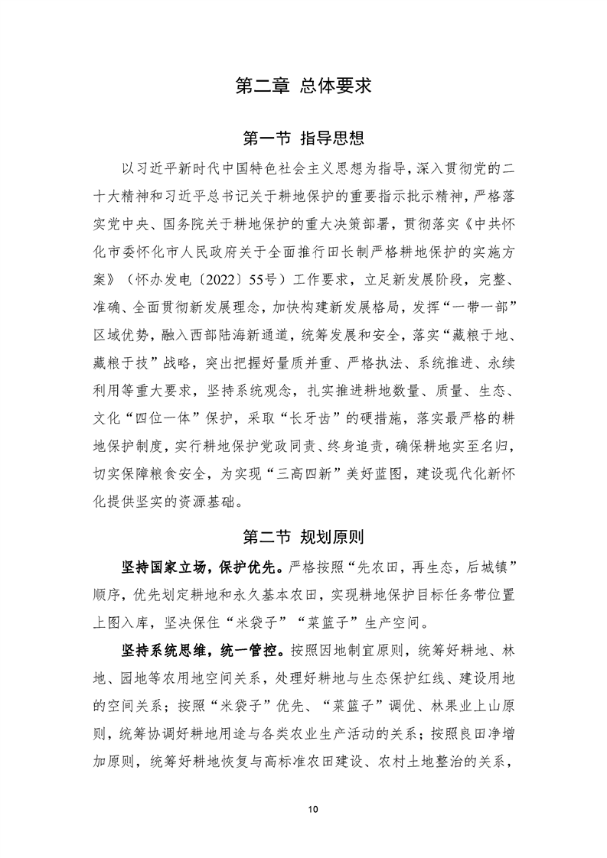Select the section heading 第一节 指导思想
(x=303, y=138)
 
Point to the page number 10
(x=303, y=810)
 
